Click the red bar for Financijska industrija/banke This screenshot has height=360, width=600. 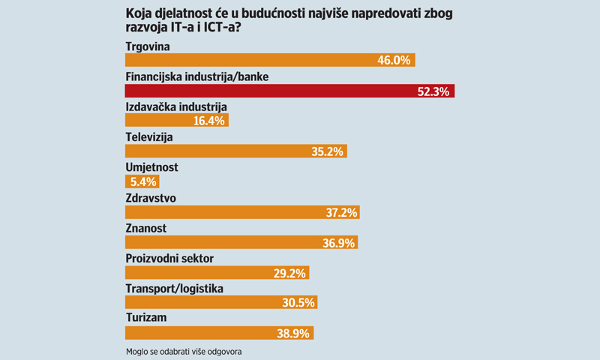pyautogui.click(x=289, y=91)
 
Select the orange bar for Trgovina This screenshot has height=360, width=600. pyautogui.click(x=269, y=61)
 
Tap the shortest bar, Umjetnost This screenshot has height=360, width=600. pyautogui.click(x=142, y=181)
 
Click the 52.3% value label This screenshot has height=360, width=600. pyautogui.click(x=432, y=91)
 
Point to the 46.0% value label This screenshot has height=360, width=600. pyautogui.click(x=394, y=61)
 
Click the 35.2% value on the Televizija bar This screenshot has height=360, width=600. pyautogui.click(x=326, y=151)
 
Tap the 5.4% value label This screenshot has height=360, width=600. pyautogui.click(x=142, y=181)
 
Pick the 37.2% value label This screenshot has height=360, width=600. pyautogui.click(x=339, y=212)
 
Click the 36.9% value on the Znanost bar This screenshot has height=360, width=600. pyautogui.click(x=337, y=242)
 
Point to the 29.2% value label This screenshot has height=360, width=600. pyautogui.click(x=289, y=272)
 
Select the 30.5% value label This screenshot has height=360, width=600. pyautogui.click(x=298, y=302)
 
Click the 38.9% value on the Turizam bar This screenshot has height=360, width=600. pyautogui.click(x=293, y=333)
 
